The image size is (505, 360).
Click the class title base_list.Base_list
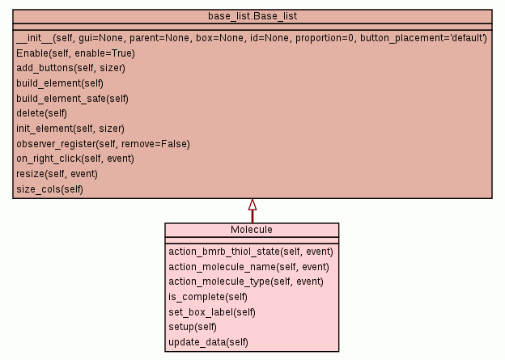coord(252,16)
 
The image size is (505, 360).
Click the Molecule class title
coord(252,230)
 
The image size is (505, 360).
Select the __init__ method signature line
coord(251,38)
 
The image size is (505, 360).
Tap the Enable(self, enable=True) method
coord(75,53)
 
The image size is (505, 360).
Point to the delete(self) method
coord(41,113)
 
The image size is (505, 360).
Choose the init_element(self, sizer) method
coord(70,129)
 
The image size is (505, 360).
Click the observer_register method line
coord(103,144)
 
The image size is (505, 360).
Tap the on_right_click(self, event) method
coord(75,159)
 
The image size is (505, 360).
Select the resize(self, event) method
coord(57,174)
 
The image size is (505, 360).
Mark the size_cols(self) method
coord(49,189)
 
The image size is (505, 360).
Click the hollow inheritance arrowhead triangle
coord(252,204)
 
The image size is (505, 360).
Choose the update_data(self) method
coord(208,342)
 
